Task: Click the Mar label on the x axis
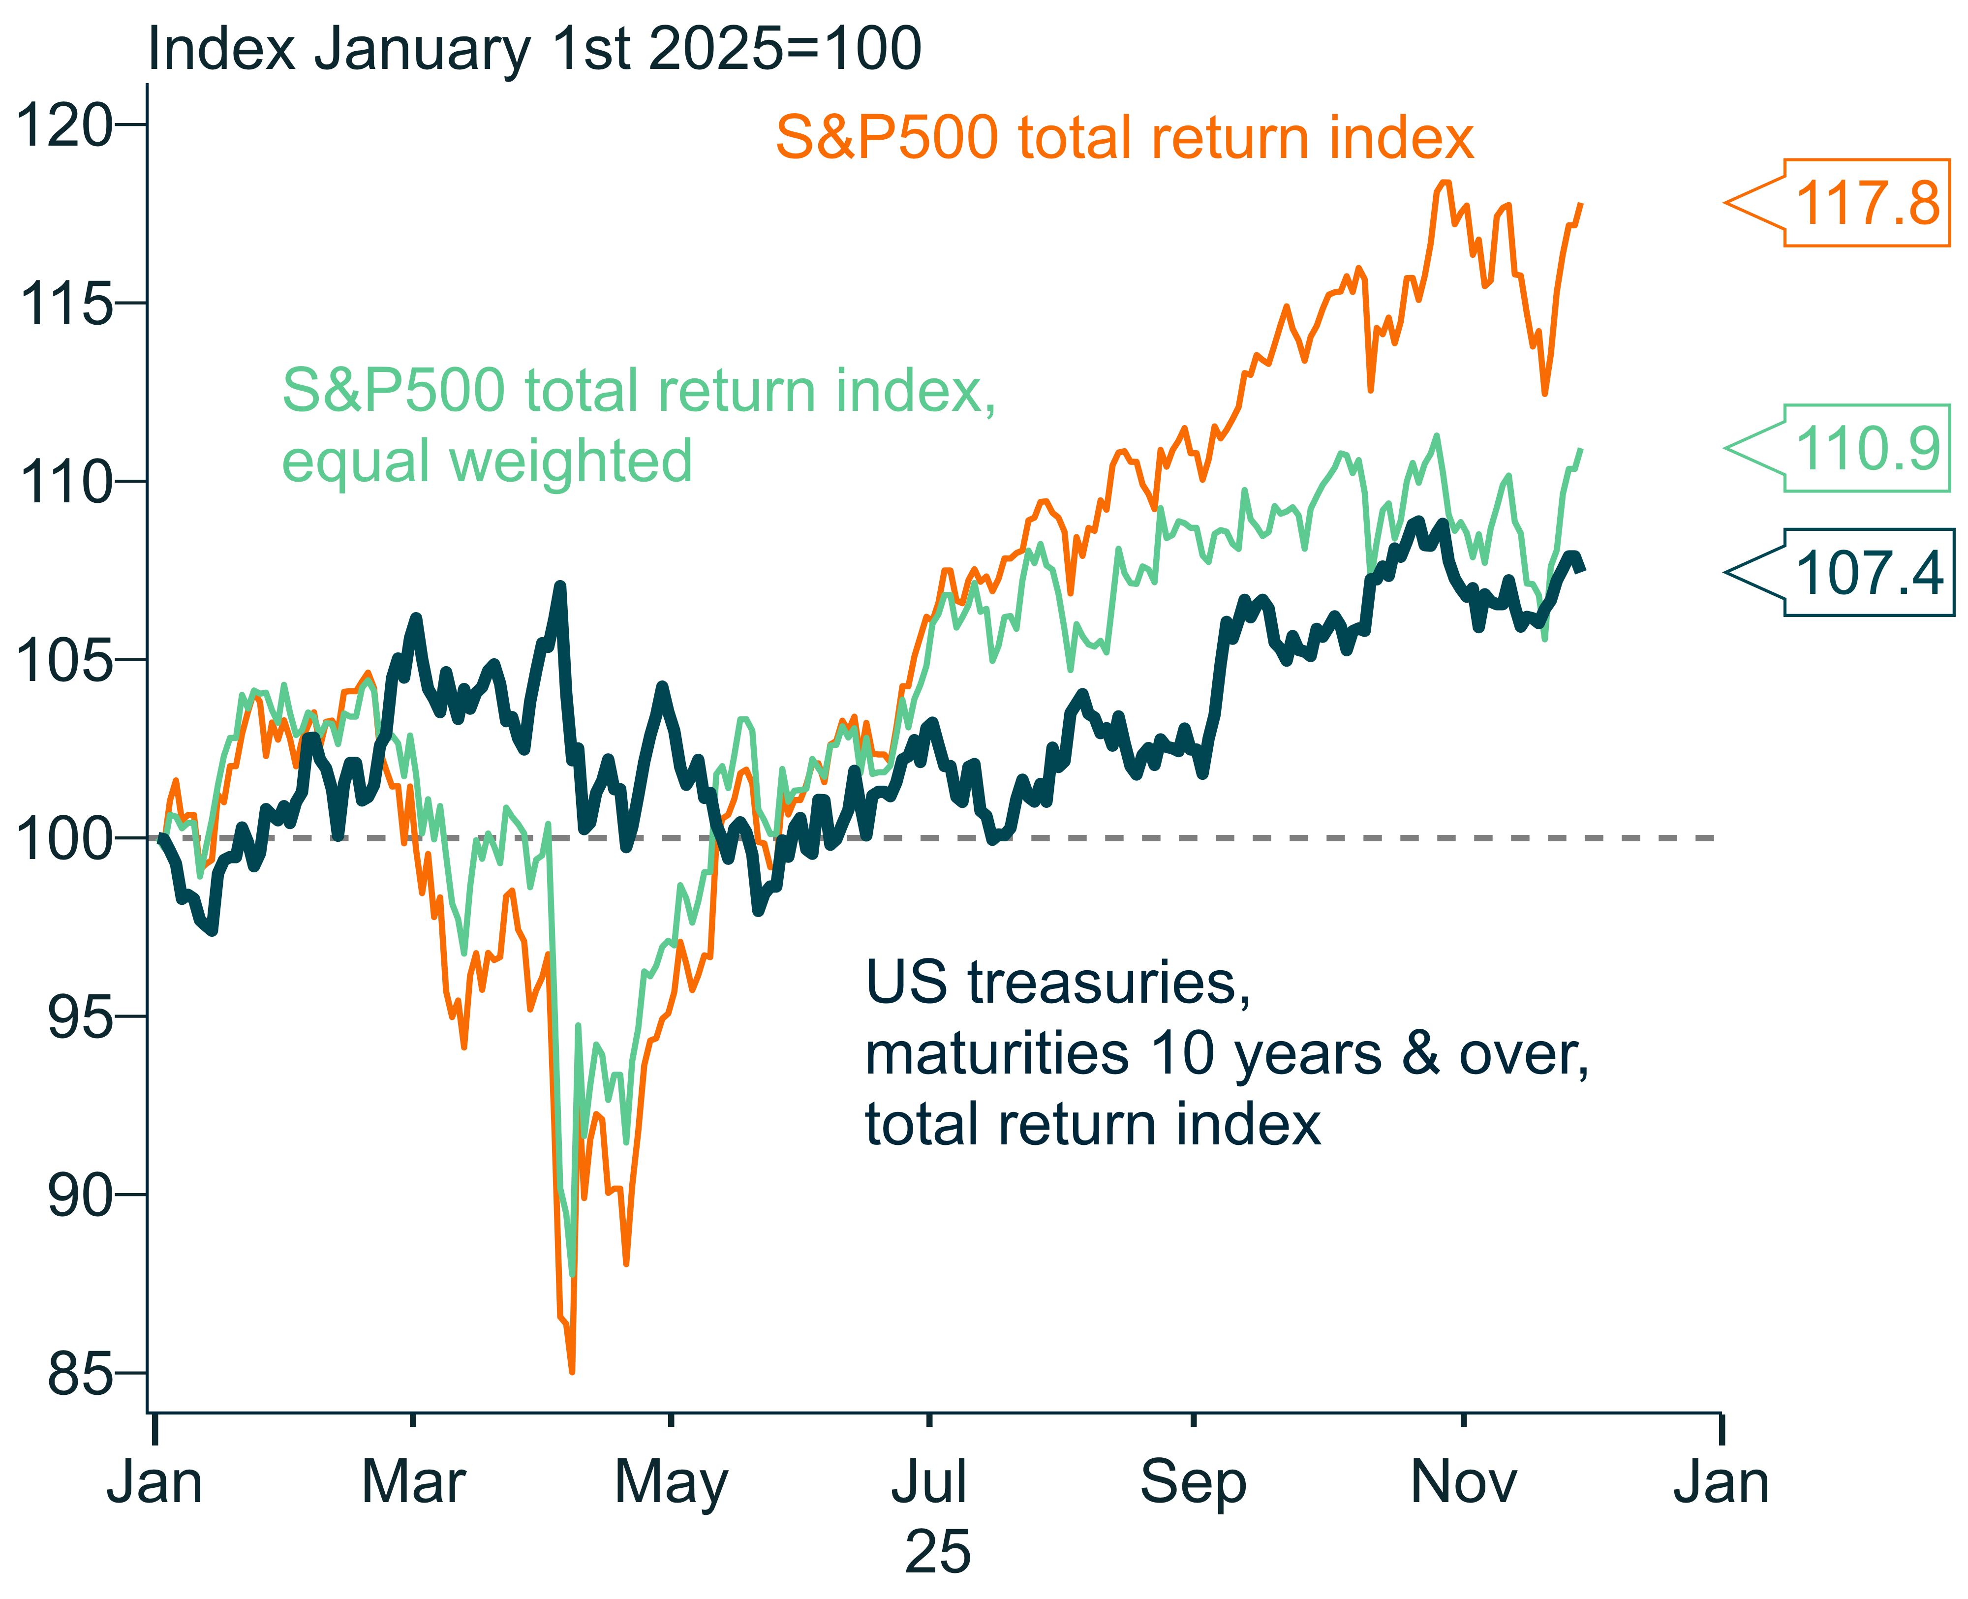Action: point(413,1483)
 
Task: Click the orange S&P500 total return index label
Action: point(1124,138)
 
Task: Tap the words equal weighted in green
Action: point(486,461)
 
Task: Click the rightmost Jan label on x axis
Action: point(1720,1483)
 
